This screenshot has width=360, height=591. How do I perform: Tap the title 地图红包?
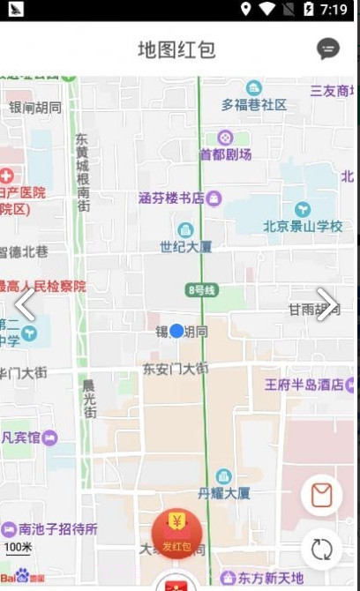coord(176,49)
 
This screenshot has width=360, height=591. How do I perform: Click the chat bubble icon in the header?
coord(328,49)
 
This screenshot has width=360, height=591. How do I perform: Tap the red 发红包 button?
coord(176,535)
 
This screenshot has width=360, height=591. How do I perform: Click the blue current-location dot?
coord(176,331)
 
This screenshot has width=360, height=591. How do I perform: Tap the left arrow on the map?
coord(24,304)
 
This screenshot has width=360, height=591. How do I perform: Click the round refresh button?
coord(322,549)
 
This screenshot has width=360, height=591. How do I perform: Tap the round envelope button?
coord(322,496)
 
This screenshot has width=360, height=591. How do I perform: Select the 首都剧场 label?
coord(225,154)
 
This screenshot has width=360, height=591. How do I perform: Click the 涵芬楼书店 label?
coord(172,198)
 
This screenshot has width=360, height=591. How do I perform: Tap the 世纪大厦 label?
coord(185,246)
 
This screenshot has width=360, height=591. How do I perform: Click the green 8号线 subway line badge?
coord(202,290)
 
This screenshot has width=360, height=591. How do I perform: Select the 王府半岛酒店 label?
coord(304,385)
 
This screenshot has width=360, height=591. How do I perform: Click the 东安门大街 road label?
coord(176,368)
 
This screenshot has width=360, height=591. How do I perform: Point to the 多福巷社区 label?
coord(254,104)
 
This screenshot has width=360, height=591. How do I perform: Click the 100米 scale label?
coord(18,548)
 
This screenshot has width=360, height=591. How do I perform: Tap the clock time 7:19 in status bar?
coord(334,10)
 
